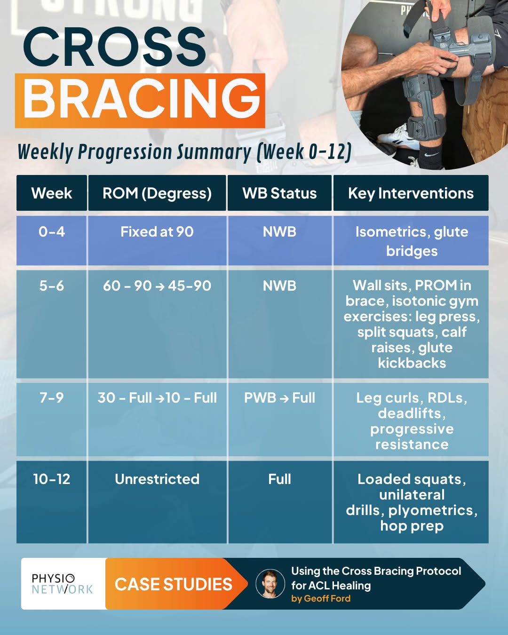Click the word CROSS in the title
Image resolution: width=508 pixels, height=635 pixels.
[114, 47]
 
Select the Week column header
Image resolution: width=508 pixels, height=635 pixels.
[52, 193]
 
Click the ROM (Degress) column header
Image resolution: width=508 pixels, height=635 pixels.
[157, 193]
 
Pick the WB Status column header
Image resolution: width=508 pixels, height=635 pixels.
[279, 193]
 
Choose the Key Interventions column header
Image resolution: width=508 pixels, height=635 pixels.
[411, 193]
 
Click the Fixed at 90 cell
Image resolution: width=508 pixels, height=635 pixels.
[157, 232]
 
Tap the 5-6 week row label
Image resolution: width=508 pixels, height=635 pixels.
[52, 286]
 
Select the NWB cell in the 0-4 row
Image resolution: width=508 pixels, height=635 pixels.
[279, 232]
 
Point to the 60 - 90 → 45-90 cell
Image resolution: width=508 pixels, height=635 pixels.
[157, 286]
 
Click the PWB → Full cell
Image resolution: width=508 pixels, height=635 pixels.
[279, 398]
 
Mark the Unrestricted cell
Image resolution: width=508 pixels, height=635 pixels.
[157, 479]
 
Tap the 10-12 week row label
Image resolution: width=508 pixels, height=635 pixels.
[52, 479]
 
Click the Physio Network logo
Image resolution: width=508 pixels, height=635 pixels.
[63, 584]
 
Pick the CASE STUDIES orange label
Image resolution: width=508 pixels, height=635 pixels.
[174, 584]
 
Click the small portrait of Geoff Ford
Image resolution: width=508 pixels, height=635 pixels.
[270, 584]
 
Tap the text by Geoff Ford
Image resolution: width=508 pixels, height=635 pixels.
[321, 599]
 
